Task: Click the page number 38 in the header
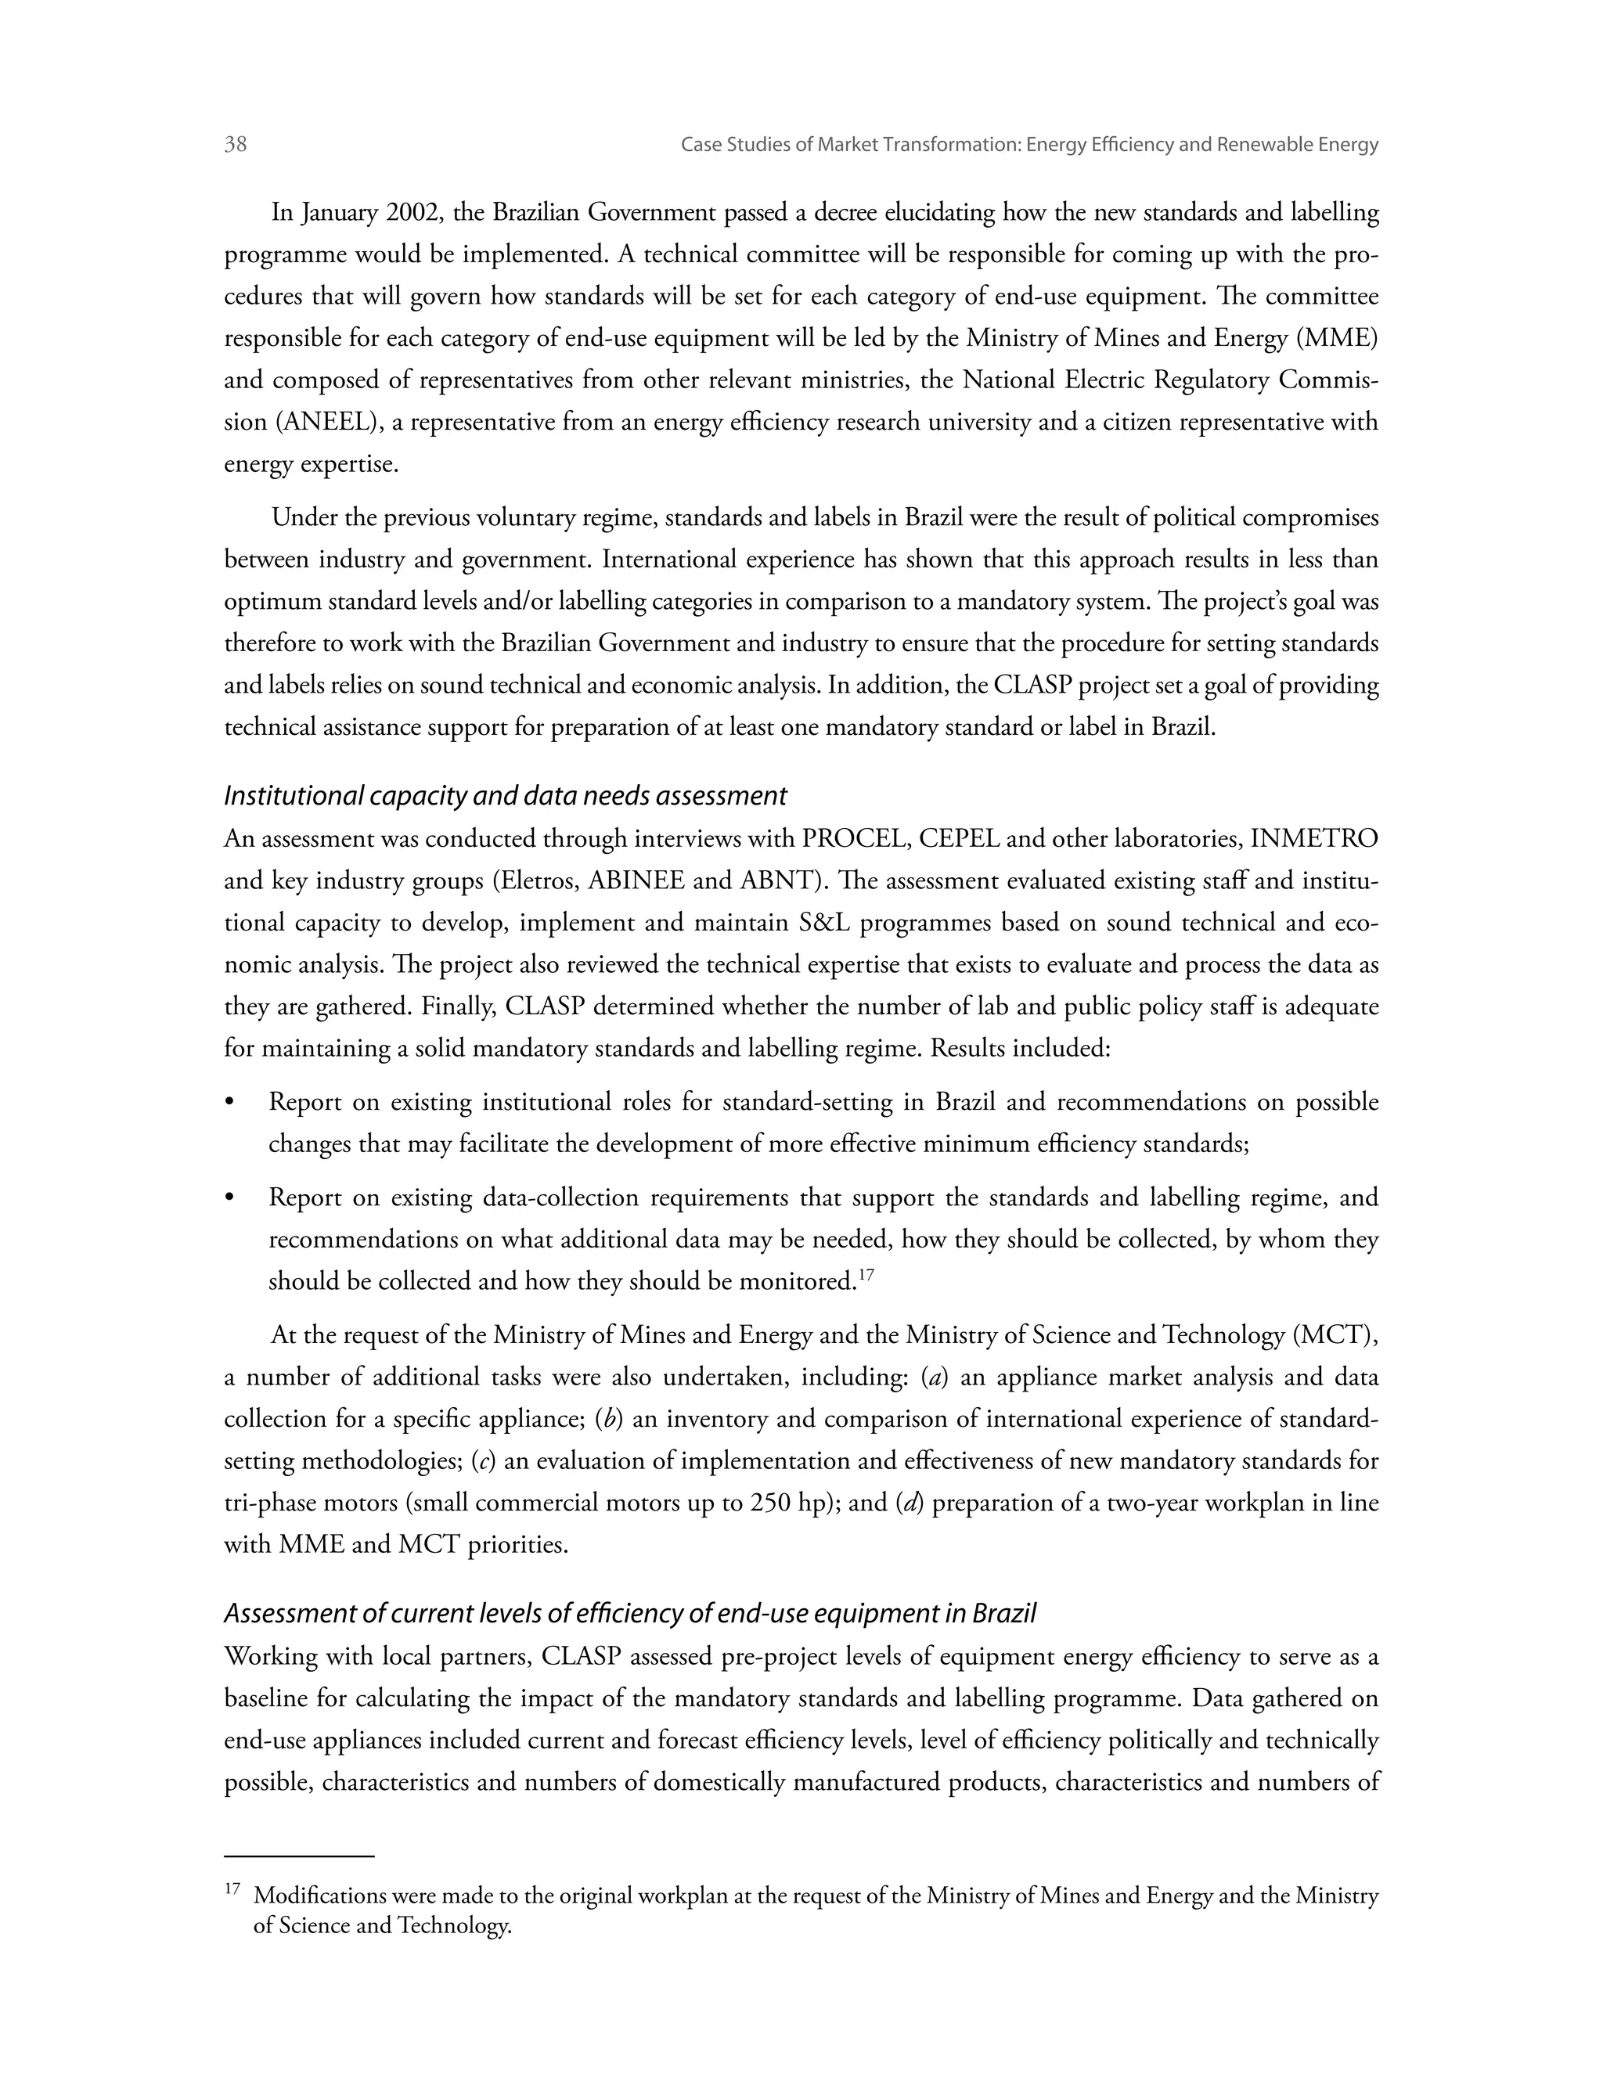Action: (236, 144)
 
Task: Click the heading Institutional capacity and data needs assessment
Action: (505, 796)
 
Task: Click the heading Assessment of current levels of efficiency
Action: (629, 1614)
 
